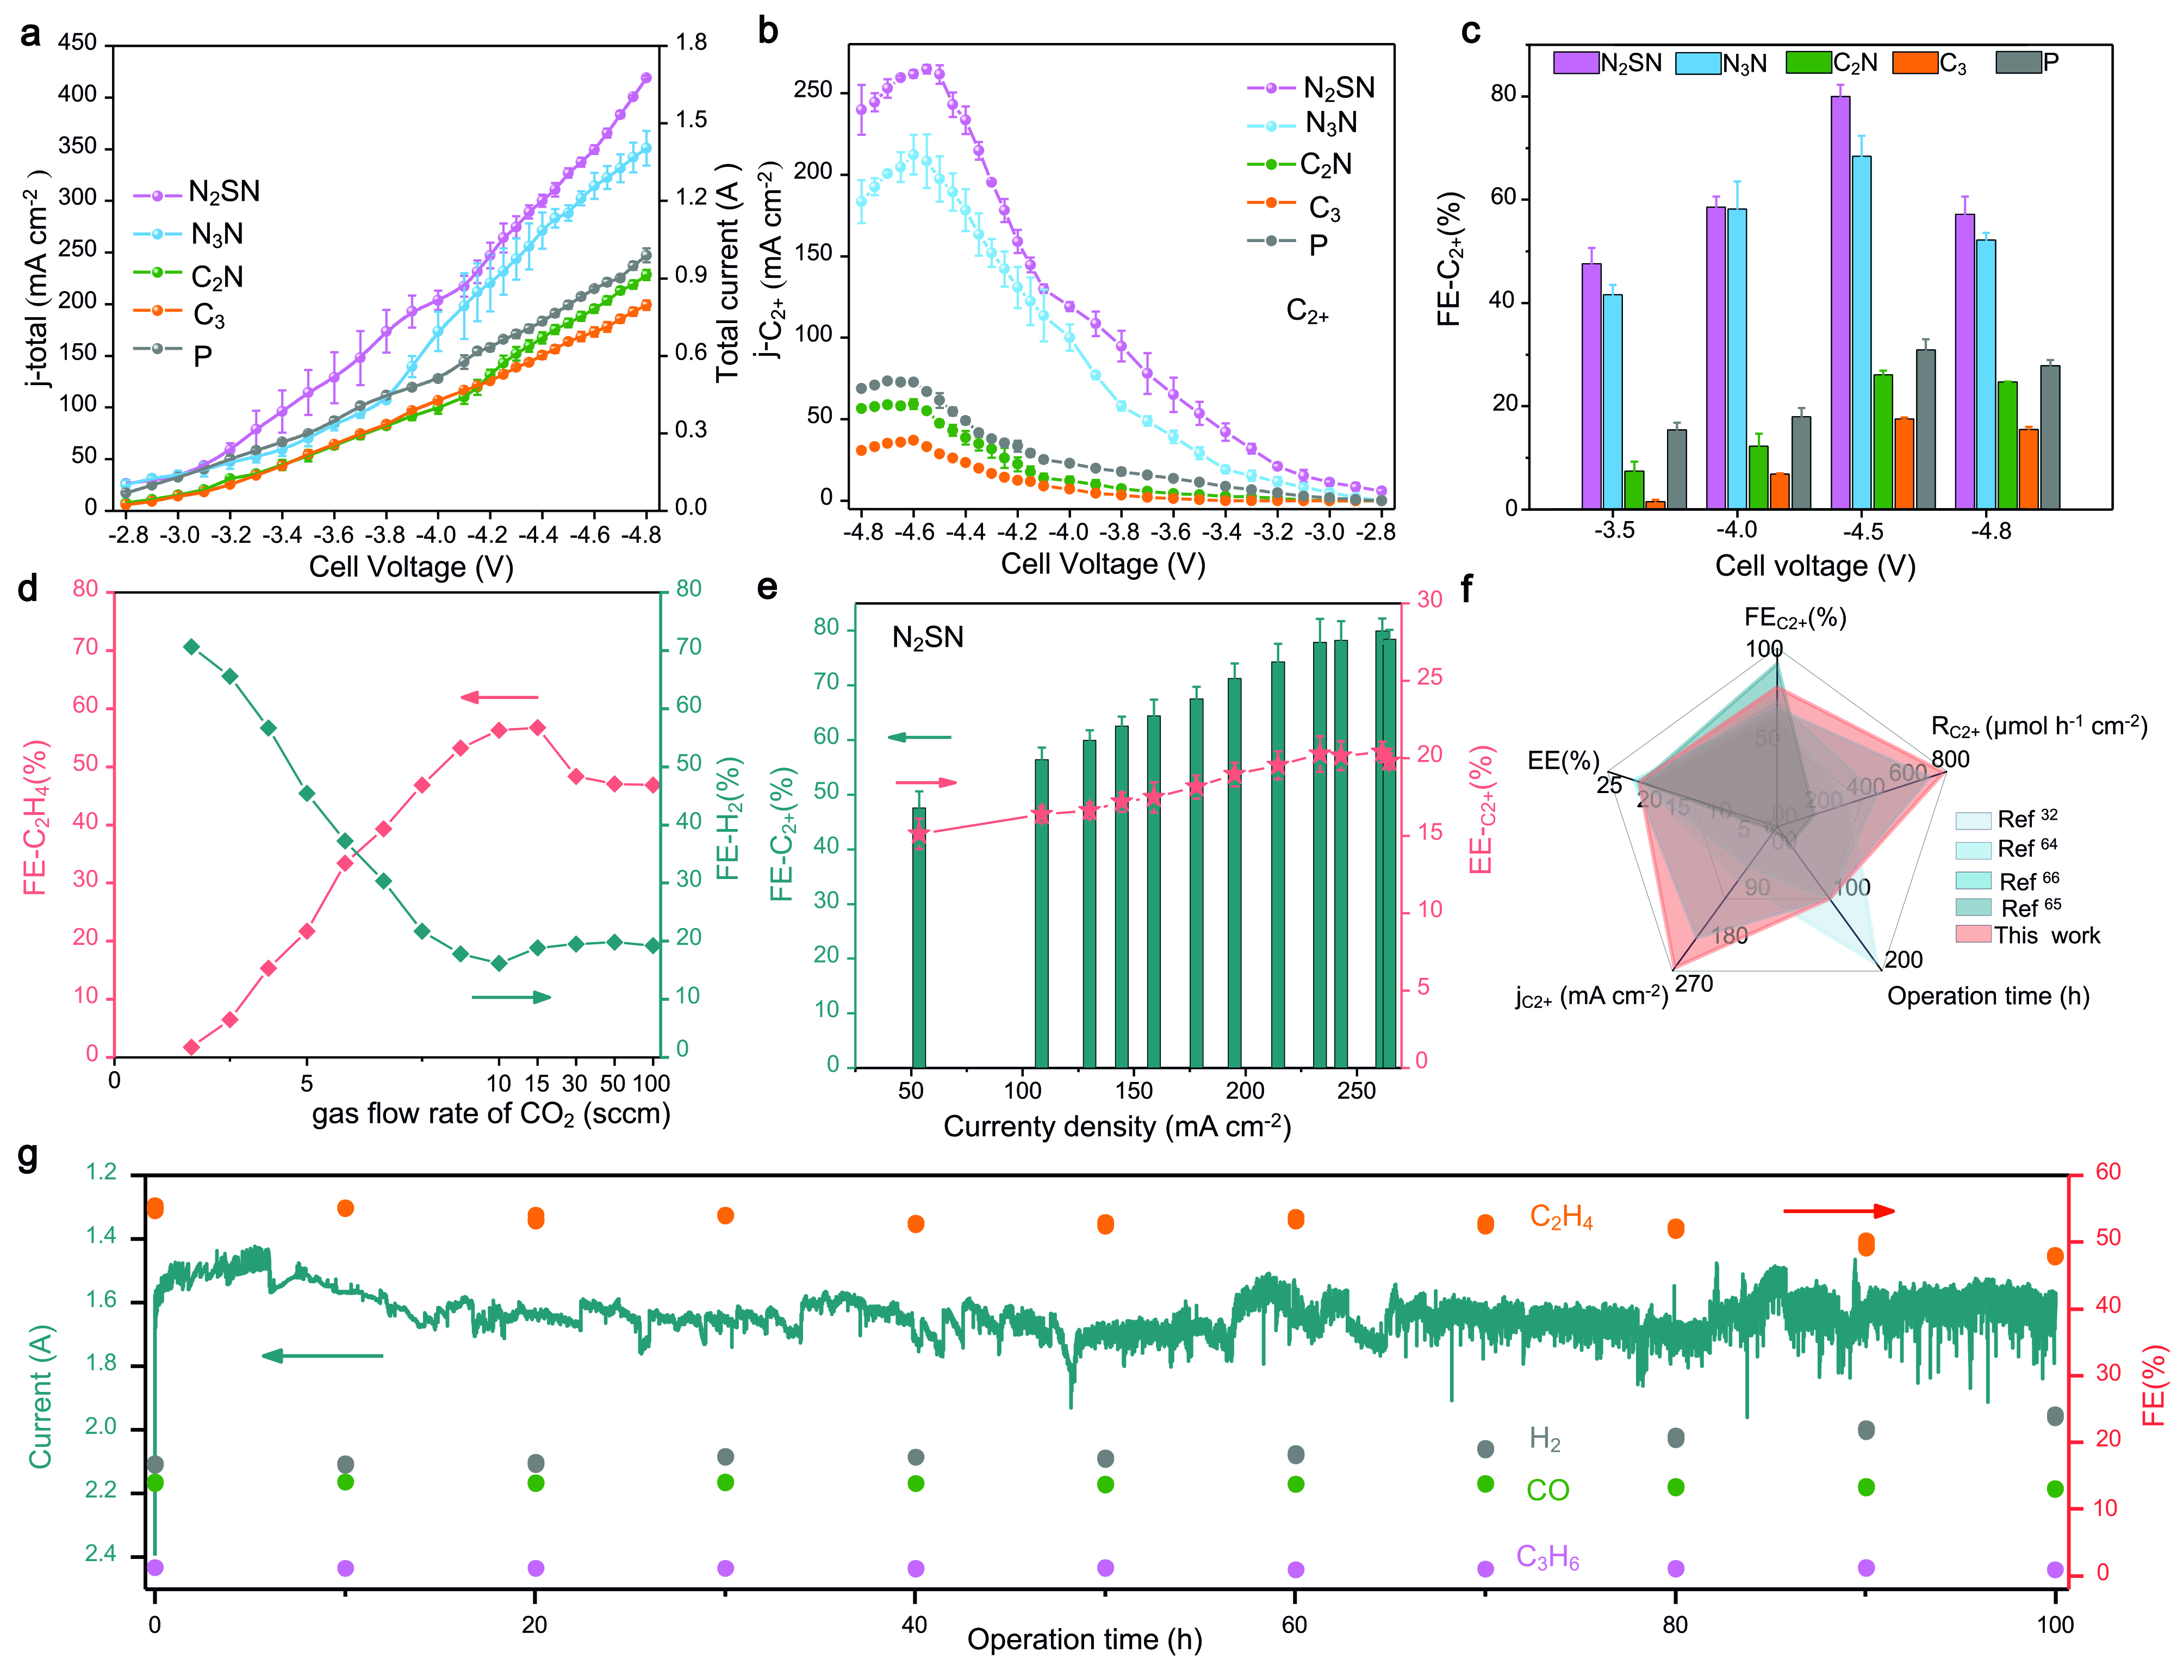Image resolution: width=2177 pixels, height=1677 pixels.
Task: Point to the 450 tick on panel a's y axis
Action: (x=78, y=43)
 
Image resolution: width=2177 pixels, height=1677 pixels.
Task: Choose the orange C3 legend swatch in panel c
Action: (x=1914, y=63)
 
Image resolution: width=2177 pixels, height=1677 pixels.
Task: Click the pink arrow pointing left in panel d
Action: (x=499, y=698)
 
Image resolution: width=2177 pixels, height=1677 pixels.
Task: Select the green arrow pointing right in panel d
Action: (x=511, y=997)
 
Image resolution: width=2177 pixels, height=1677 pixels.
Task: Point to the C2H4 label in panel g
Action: (x=1561, y=1217)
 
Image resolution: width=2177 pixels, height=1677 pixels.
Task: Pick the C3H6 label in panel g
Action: (x=1547, y=1557)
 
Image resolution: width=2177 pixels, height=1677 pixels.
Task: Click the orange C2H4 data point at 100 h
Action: (x=2054, y=1257)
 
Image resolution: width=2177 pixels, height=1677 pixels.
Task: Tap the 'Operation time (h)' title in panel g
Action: (x=1085, y=1639)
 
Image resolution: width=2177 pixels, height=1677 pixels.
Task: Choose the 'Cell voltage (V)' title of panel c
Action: (x=1814, y=566)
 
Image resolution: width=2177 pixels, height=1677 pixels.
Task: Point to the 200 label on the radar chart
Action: (x=1903, y=960)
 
